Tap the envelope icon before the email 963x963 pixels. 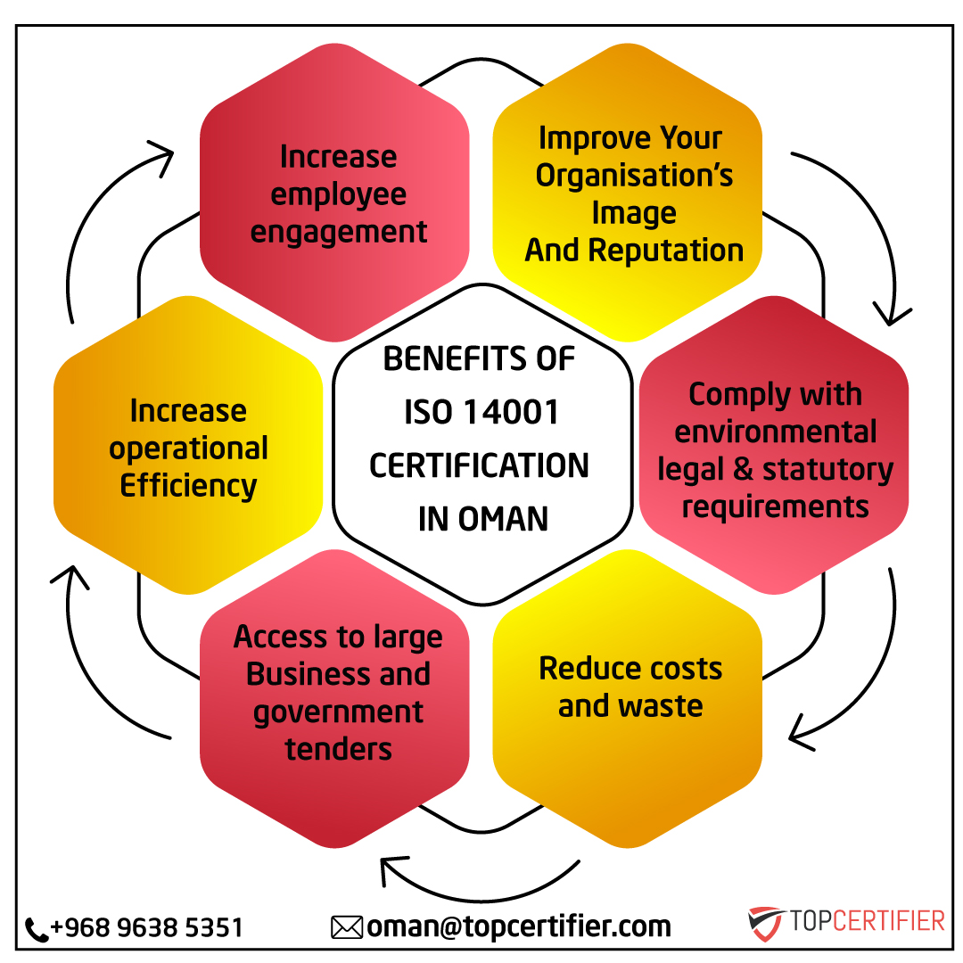347,927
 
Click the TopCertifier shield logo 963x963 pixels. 765,923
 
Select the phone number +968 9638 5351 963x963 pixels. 147,927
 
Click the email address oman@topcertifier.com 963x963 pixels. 519,926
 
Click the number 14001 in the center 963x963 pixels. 511,411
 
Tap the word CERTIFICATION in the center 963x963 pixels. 479,465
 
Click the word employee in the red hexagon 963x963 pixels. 339,195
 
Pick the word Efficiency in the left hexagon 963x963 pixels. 188,487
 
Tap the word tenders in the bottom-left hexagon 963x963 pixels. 339,749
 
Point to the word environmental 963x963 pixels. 775,432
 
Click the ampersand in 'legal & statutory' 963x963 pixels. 743,469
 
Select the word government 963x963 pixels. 339,713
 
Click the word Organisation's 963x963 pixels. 634,176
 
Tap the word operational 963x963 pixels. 188,449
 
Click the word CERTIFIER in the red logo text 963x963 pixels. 889,920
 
